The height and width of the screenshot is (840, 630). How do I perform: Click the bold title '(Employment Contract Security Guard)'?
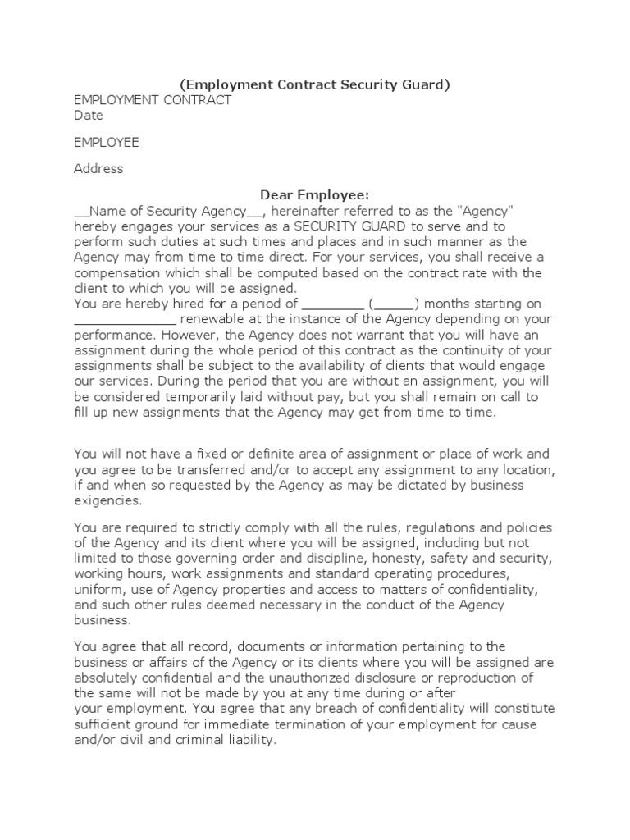(315, 85)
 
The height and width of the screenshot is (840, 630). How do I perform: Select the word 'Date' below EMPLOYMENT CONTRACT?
(89, 116)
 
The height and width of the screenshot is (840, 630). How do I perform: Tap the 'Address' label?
(98, 168)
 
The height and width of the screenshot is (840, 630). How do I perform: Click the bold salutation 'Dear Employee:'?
(315, 194)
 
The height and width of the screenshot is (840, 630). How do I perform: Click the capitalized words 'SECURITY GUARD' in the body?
(340, 226)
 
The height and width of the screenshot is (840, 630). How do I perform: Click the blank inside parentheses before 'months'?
(394, 304)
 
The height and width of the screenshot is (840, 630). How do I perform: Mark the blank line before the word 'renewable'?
(125, 319)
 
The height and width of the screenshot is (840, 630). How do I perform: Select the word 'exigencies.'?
(107, 500)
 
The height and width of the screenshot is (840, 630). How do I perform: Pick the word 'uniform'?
(96, 589)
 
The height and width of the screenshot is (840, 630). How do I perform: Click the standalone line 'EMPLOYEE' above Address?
(107, 142)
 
